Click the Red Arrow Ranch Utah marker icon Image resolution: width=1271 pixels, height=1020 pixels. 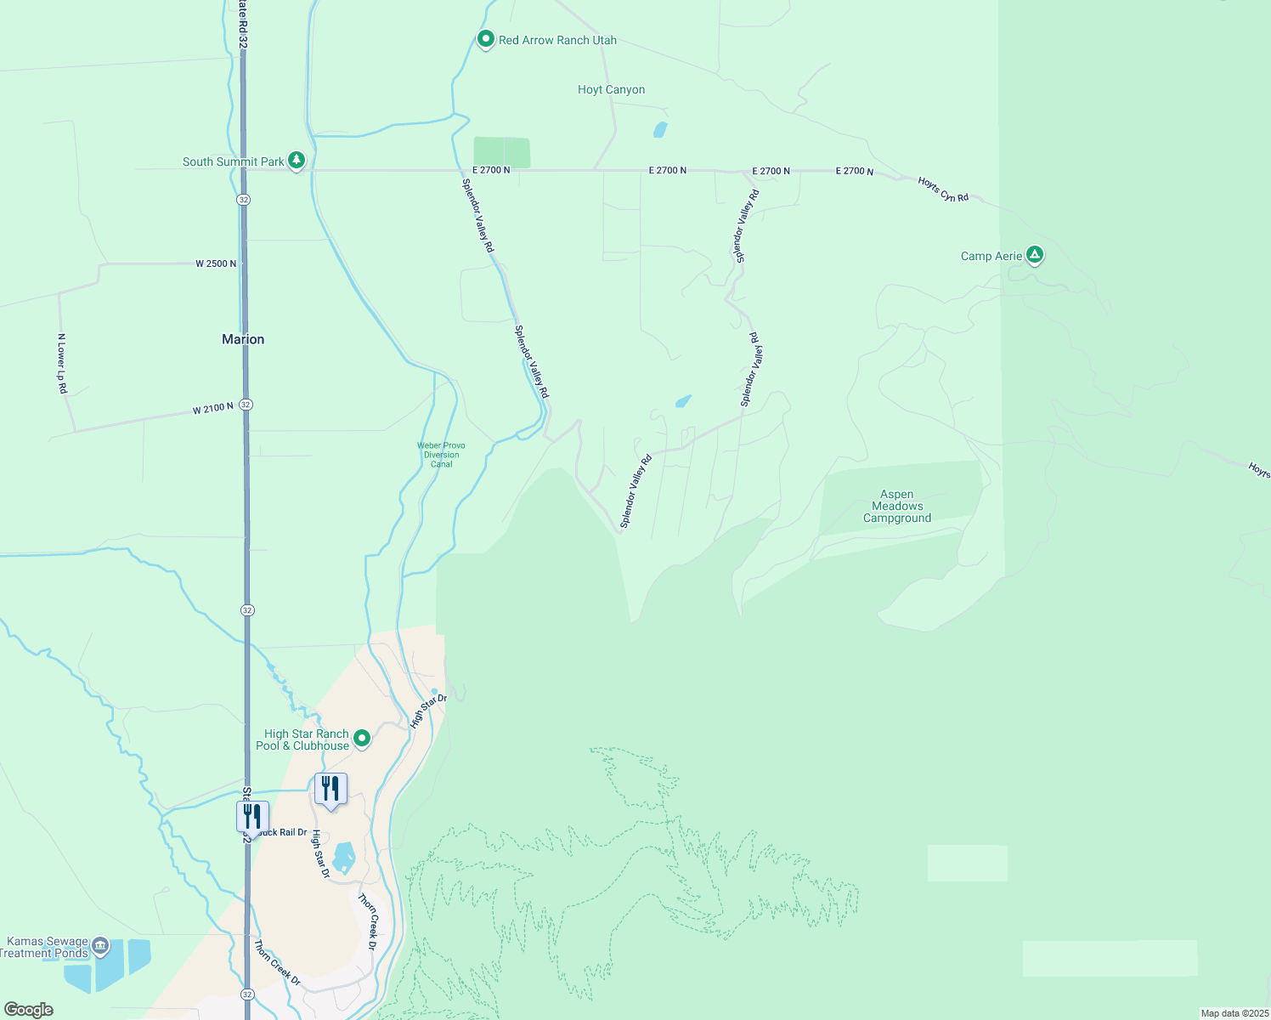coord(485,39)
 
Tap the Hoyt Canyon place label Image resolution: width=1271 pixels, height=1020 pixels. coord(611,89)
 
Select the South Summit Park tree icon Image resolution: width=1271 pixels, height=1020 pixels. coord(296,160)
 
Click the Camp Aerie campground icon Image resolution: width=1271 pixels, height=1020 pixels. coord(1034,254)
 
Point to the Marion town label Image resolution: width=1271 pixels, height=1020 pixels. coord(243,339)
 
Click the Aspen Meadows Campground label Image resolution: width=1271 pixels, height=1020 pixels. coord(897,506)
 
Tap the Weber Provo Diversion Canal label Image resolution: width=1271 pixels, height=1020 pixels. coord(441,455)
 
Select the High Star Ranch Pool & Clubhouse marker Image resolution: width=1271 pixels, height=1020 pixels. coord(362,738)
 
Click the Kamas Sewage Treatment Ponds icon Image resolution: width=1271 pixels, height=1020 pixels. coord(100,945)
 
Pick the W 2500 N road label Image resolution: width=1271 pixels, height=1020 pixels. coord(216,263)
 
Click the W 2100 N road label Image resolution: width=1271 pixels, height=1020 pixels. coord(212,409)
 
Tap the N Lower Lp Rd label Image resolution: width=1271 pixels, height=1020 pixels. coord(61,363)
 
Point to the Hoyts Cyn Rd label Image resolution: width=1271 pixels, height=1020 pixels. coord(943,190)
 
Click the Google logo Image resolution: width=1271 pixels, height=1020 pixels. coord(28,1010)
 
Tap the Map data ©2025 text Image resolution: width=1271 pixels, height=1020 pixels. coord(1234,1013)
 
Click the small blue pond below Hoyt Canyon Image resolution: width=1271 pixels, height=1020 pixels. coord(659,130)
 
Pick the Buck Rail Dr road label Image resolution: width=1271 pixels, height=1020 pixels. coord(282,832)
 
